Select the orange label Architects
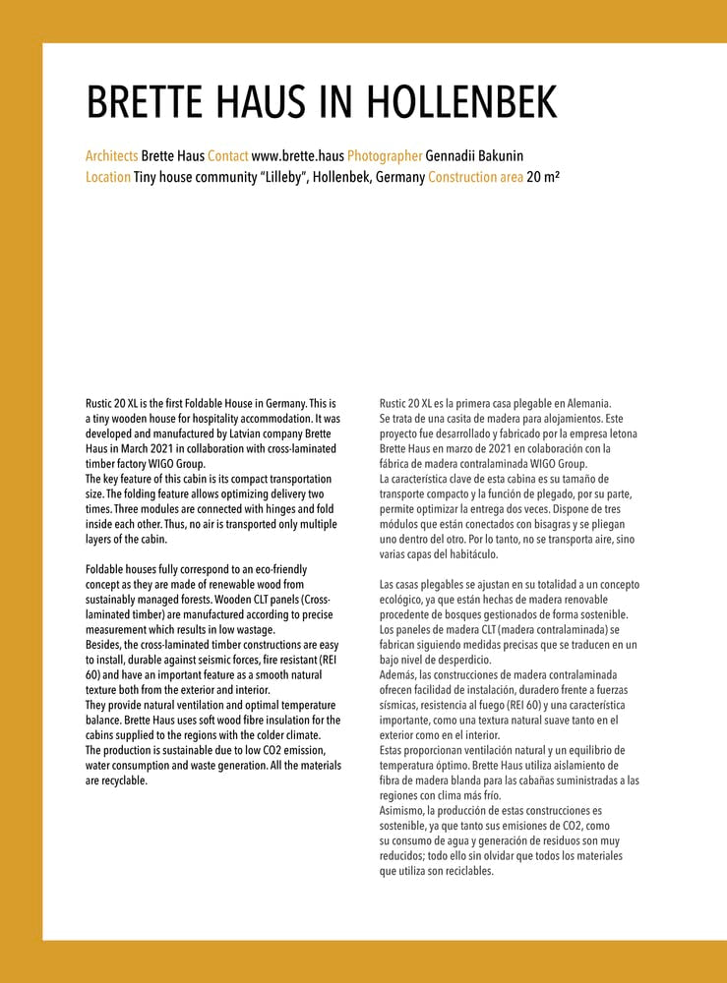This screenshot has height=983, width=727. tap(111, 156)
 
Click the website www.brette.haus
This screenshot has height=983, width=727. tap(297, 156)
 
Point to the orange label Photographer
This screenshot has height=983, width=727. tap(384, 156)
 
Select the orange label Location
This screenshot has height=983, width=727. tap(107, 178)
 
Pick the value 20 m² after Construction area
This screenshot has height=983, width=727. tap(543, 178)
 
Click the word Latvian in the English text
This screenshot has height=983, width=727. tap(236, 434)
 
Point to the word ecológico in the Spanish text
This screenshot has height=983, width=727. tap(403, 600)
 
